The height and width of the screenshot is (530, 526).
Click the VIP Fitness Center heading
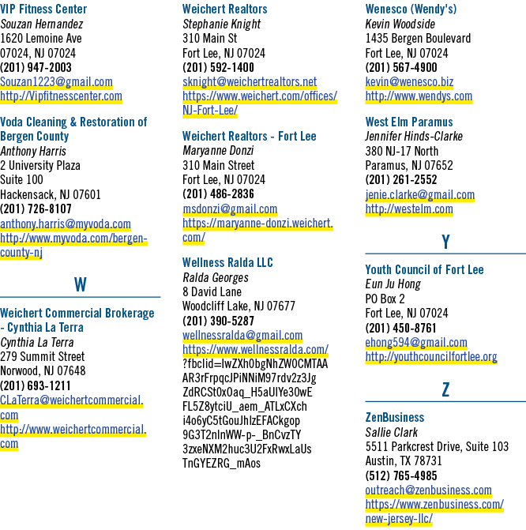pos(43,9)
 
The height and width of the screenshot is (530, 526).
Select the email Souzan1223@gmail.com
pos(56,82)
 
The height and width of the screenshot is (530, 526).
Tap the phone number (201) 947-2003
pos(36,68)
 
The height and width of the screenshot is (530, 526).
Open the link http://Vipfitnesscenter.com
pos(61,96)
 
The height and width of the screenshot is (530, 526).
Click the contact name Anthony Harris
pos(33,151)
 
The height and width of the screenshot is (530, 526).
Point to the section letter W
pos(81,284)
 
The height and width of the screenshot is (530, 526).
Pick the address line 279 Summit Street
pos(43,356)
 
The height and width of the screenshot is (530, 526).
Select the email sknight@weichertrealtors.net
pos(250,82)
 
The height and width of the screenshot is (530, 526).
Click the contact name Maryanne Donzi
pos(218,150)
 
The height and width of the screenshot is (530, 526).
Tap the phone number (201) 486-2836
pos(219,194)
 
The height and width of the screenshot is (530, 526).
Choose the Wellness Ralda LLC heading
pos(227,263)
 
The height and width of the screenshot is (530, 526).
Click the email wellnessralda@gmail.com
pos(242,336)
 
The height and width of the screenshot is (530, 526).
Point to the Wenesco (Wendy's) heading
pos(411,9)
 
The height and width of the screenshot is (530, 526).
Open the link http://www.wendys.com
pos(419,96)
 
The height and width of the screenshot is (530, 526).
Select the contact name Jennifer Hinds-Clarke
pos(414,136)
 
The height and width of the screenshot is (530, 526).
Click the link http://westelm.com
pos(409,209)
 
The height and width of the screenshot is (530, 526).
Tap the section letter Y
pos(446,242)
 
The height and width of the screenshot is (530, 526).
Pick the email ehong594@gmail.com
pos(416,342)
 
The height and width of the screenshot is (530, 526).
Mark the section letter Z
pos(446,389)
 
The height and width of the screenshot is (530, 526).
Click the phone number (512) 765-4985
pos(401,476)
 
